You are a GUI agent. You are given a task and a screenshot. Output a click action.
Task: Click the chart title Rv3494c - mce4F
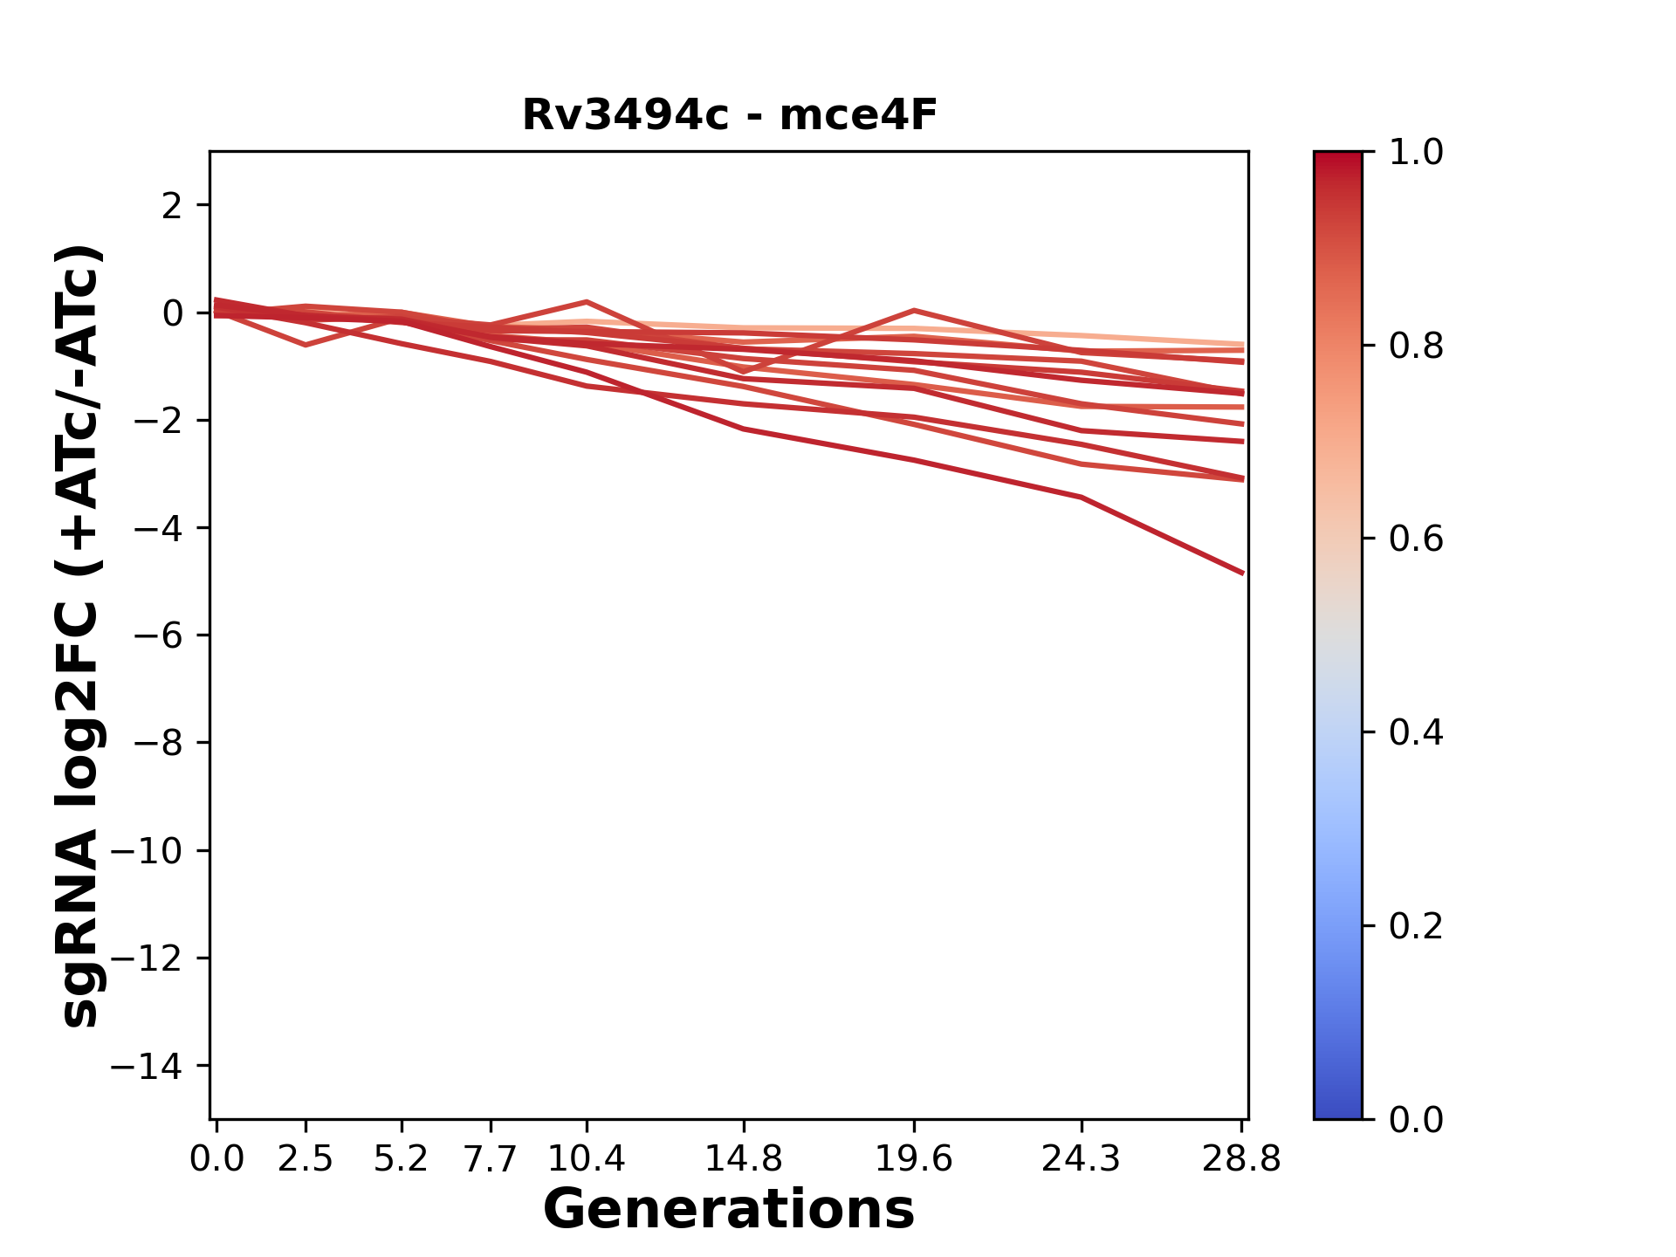pyautogui.click(x=729, y=115)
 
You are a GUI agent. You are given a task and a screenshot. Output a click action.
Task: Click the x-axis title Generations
pyautogui.click(x=729, y=1210)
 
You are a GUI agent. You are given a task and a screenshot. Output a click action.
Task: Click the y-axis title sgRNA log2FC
pyautogui.click(x=80, y=635)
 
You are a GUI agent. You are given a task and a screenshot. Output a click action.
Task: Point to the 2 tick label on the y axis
pyautogui.click(x=172, y=206)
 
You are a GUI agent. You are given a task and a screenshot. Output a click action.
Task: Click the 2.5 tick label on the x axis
pyautogui.click(x=306, y=1159)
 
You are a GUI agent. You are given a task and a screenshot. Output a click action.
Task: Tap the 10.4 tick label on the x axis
pyautogui.click(x=587, y=1159)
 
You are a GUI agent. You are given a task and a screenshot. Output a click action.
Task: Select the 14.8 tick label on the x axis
pyautogui.click(x=744, y=1159)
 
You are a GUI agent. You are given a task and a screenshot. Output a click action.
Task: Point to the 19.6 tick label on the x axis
pyautogui.click(x=914, y=1159)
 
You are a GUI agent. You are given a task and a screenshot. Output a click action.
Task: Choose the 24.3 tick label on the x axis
pyautogui.click(x=1082, y=1159)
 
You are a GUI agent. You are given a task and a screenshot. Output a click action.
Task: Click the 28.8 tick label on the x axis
pyautogui.click(x=1241, y=1159)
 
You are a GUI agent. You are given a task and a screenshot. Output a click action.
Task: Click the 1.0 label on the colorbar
pyautogui.click(x=1416, y=153)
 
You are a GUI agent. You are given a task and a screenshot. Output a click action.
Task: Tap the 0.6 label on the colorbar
pyautogui.click(x=1416, y=539)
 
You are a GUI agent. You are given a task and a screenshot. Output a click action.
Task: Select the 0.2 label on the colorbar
pyautogui.click(x=1416, y=926)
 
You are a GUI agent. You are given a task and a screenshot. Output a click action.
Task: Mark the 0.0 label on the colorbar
pyautogui.click(x=1416, y=1120)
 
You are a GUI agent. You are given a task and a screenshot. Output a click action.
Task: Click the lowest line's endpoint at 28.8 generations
pyautogui.click(x=1242, y=574)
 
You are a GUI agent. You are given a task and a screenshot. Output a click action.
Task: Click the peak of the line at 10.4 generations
pyautogui.click(x=587, y=302)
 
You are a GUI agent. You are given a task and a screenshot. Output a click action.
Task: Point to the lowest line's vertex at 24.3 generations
pyautogui.click(x=1082, y=498)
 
